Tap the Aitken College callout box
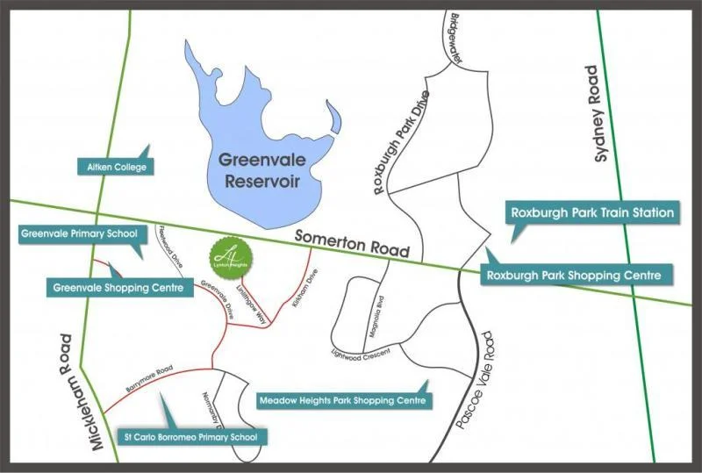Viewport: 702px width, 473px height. [x=115, y=167]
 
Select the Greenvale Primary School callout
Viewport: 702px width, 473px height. [x=77, y=233]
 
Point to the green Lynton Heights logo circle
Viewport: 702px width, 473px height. [x=227, y=257]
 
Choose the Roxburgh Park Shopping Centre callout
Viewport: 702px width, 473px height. [x=577, y=276]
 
